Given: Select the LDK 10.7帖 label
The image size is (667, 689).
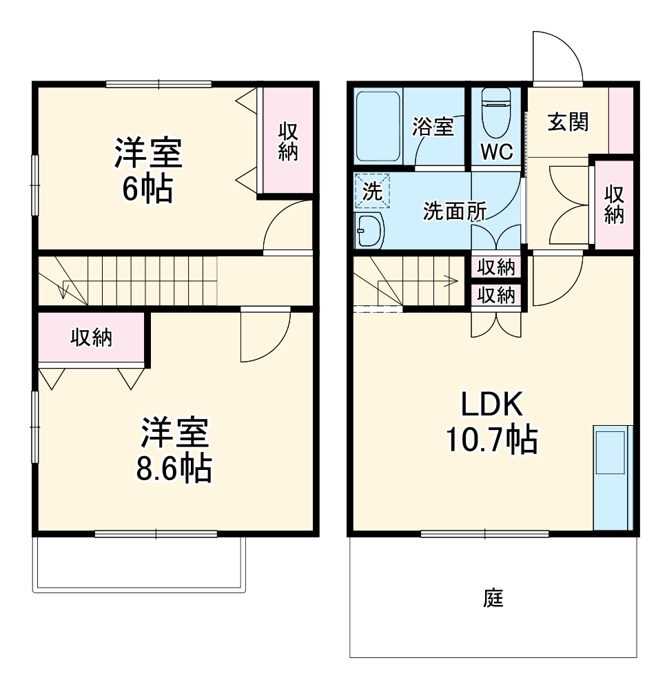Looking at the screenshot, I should coord(492,422).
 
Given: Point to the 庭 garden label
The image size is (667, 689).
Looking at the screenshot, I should coord(493,598).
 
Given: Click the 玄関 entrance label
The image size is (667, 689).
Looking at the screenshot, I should coord(568,122).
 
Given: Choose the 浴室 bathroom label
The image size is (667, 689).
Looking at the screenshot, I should coord(433,127).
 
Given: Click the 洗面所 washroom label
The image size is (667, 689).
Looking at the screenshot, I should coord(454,212).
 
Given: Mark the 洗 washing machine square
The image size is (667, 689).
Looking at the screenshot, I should coord(372,191).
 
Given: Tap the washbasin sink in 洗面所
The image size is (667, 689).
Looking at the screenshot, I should coord(370,230).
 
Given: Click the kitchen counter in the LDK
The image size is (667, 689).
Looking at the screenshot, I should coord(612,476).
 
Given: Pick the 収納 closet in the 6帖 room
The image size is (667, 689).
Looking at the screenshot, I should coord(287,141).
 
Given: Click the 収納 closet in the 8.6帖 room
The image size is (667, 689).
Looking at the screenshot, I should coord(92,337).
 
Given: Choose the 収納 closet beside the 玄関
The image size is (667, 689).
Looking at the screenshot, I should coord(614,204).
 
